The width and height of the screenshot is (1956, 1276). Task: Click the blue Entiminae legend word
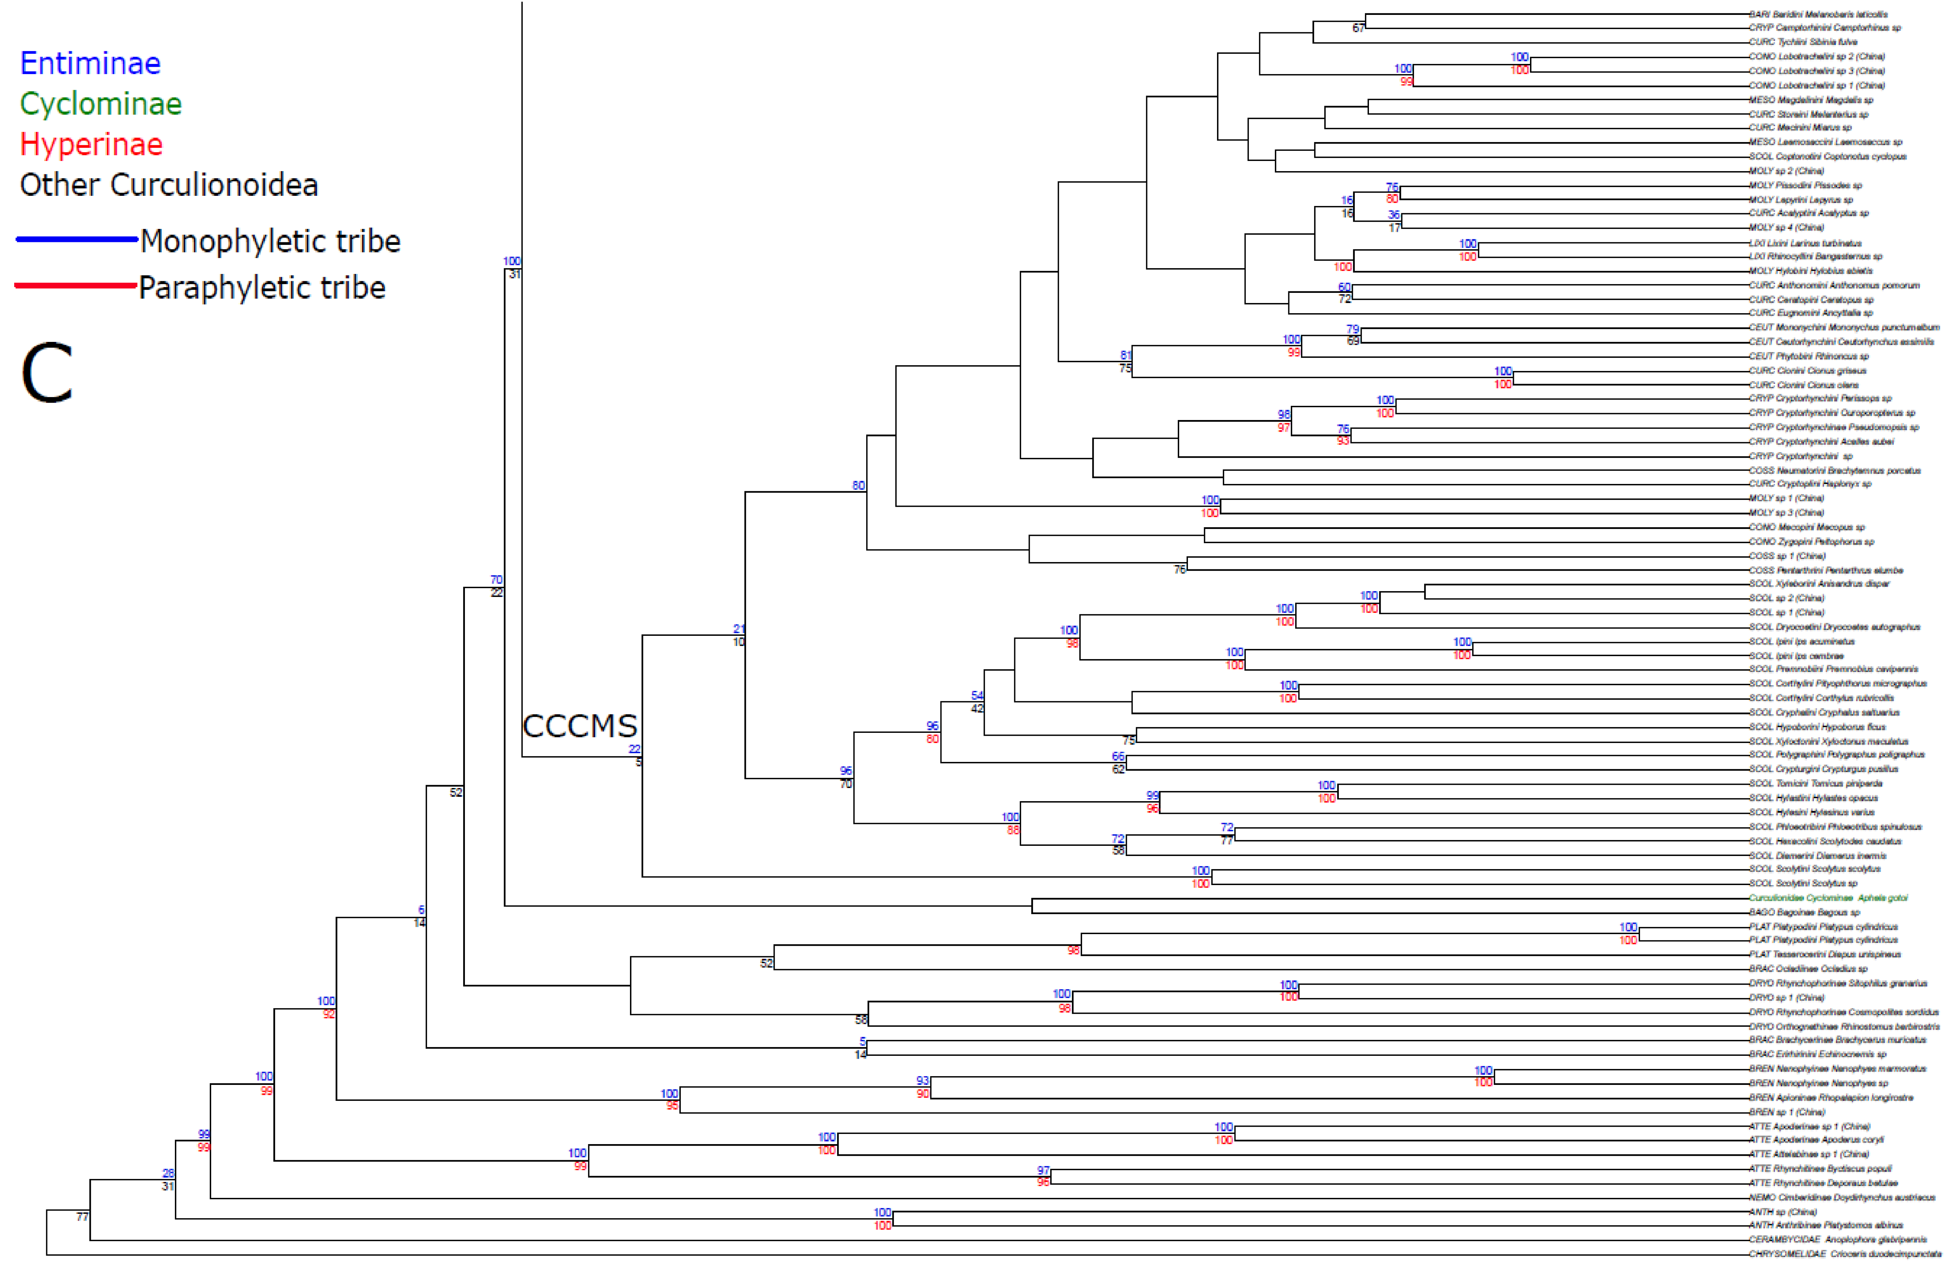point(91,63)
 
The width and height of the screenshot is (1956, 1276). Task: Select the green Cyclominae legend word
point(100,104)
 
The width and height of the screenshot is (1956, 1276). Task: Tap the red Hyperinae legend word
point(91,145)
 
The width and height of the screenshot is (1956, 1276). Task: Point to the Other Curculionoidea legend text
point(168,185)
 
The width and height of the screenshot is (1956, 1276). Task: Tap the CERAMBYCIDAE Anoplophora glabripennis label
point(1837,1239)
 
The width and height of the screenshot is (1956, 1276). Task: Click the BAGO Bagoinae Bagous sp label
point(1804,912)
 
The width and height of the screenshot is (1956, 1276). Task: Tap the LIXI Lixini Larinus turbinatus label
point(1805,243)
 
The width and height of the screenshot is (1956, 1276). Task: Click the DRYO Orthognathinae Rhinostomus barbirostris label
point(1843,1026)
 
